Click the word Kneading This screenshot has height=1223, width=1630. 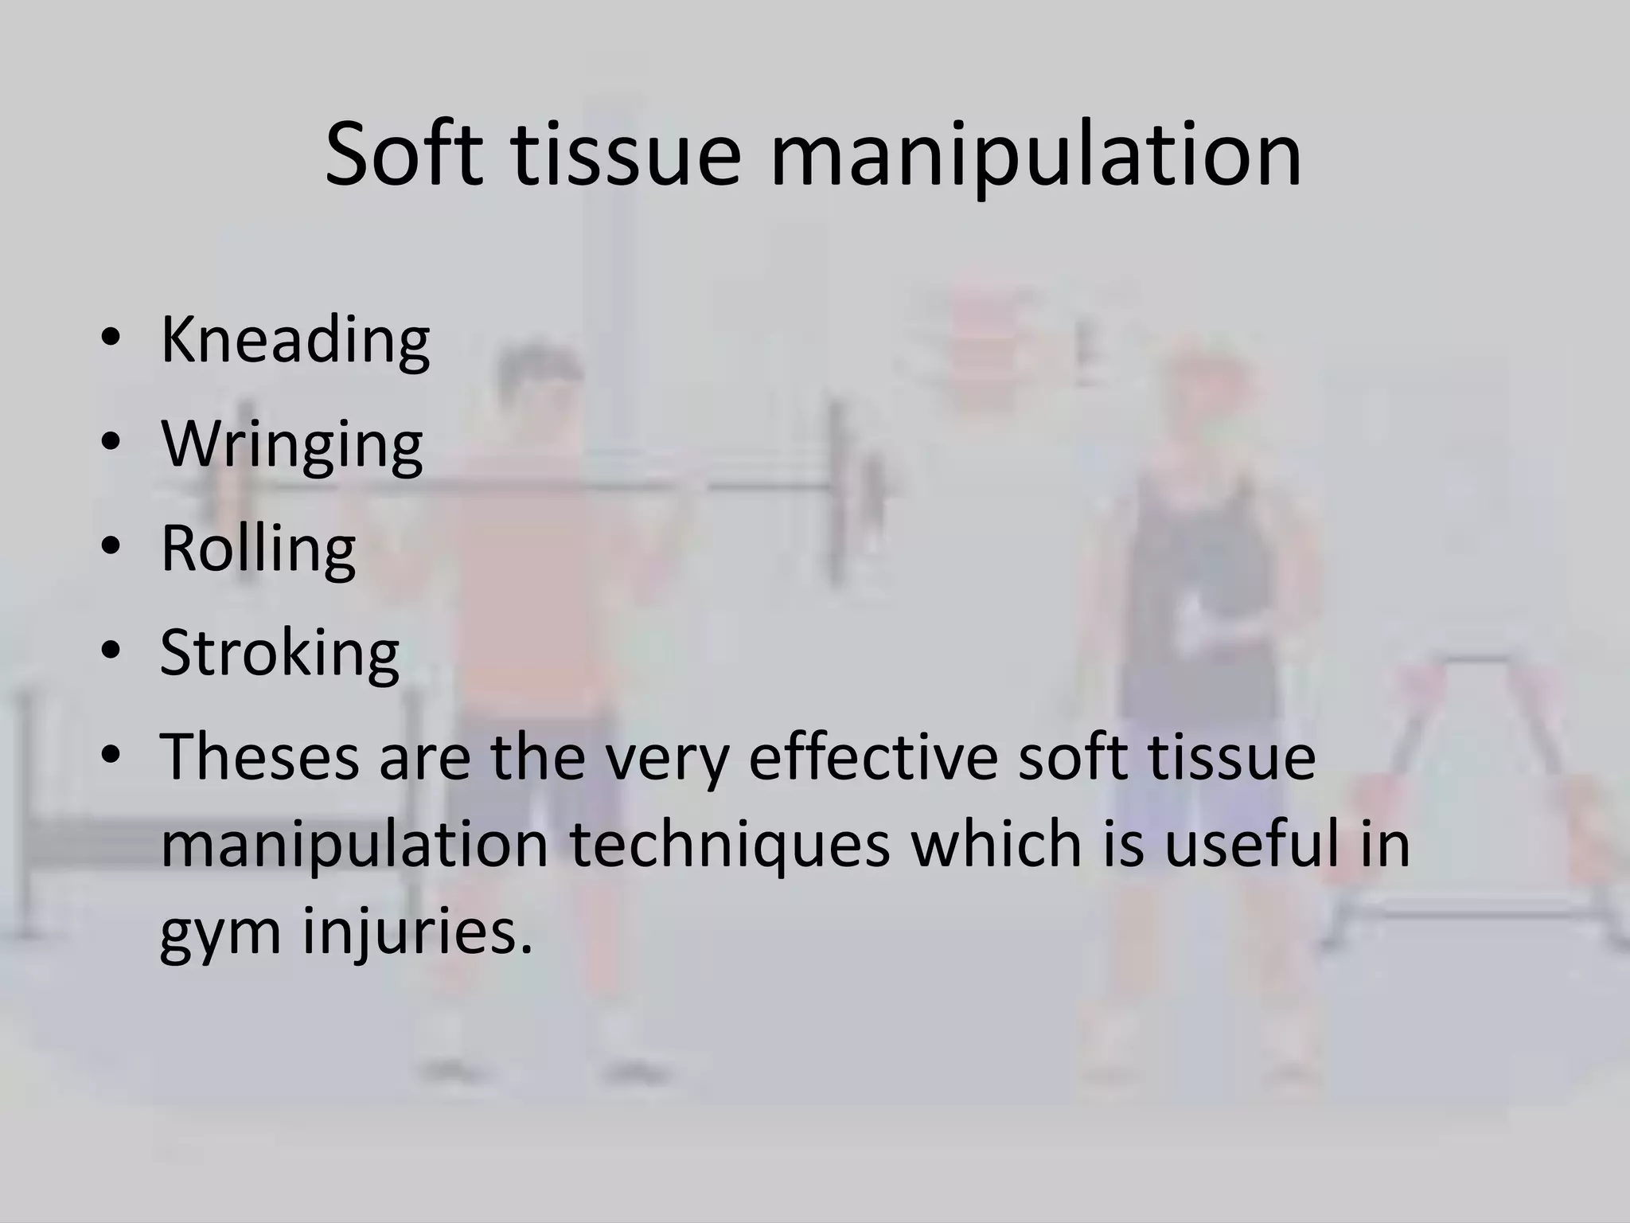(295, 342)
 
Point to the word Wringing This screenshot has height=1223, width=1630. (292, 446)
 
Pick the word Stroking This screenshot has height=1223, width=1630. (279, 654)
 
